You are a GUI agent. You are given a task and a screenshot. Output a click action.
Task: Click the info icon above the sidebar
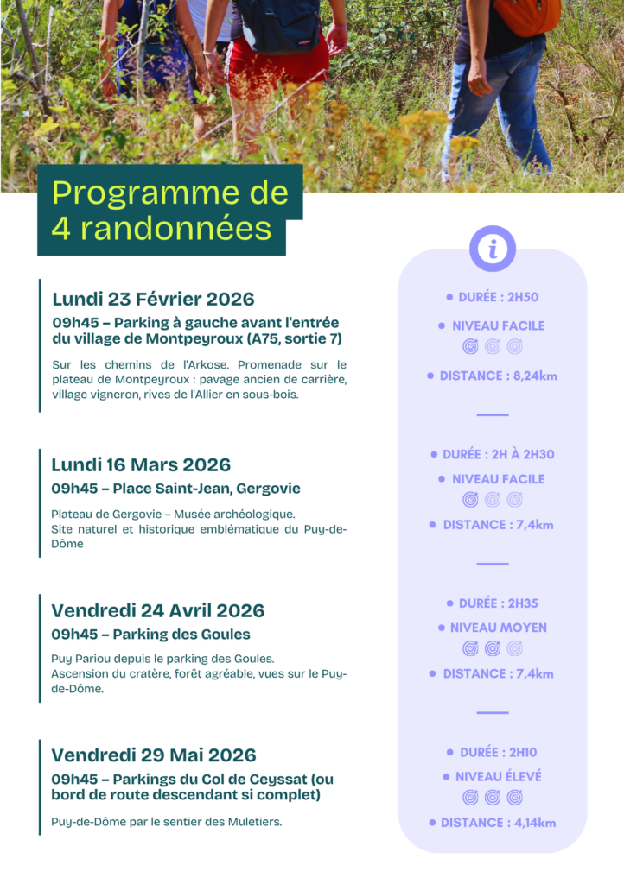tap(493, 249)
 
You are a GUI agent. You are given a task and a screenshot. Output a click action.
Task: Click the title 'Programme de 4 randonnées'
tap(169, 211)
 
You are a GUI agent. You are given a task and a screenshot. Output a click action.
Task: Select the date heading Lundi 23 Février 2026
tap(153, 300)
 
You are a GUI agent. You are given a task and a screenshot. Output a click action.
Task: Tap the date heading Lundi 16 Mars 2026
tap(141, 464)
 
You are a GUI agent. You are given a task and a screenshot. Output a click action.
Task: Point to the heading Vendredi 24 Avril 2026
tap(157, 610)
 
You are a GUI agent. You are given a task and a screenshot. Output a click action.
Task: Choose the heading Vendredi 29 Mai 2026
tap(153, 755)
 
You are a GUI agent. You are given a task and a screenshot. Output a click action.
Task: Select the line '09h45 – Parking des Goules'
tap(150, 635)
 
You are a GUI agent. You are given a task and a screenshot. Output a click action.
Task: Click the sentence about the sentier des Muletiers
tap(166, 822)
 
